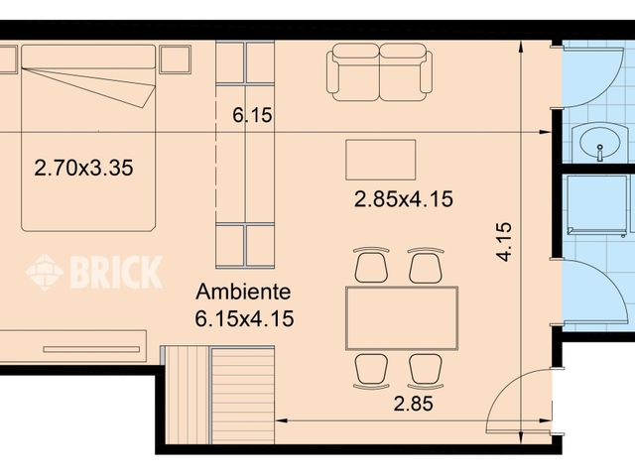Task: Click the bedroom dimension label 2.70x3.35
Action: [83, 168]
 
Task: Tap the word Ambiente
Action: [243, 292]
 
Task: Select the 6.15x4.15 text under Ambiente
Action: [244, 318]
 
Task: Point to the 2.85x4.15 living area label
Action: [404, 199]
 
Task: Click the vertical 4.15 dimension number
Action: [504, 242]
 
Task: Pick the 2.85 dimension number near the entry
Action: [414, 404]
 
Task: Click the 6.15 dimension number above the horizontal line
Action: [252, 115]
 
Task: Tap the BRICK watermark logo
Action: [94, 272]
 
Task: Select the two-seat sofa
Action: [379, 72]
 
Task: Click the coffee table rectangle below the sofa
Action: [381, 160]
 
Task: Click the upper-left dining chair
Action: [371, 265]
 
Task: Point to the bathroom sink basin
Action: [600, 142]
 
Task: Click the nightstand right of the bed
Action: [176, 59]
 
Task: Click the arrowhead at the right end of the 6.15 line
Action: [545, 132]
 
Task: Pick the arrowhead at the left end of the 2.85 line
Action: [281, 420]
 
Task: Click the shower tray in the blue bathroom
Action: [597, 204]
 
